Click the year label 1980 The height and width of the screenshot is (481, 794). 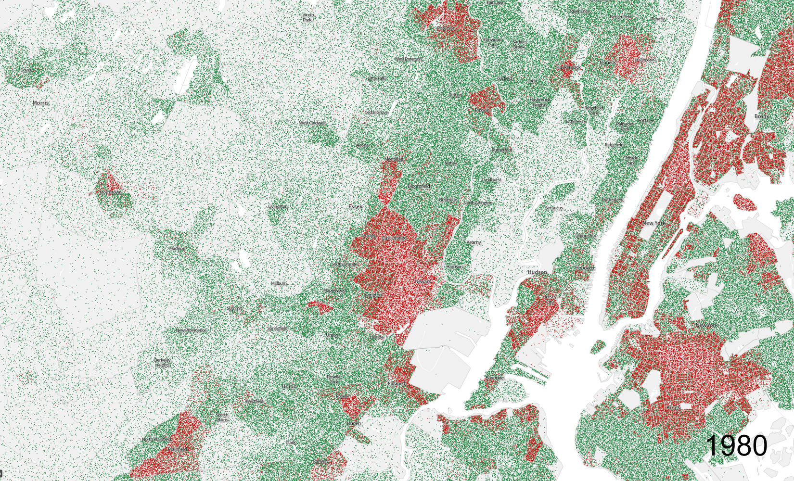coord(737,445)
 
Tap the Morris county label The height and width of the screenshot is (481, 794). coord(41,103)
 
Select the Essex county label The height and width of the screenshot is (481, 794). coord(355,207)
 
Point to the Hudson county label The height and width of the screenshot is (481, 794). coord(537,272)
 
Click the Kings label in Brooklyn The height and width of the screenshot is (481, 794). coord(673,408)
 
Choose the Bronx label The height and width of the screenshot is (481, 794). coord(762,116)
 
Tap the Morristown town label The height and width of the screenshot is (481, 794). coord(110,192)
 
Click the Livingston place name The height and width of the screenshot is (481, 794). coord(278,207)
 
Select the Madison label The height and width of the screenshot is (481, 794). coord(177,249)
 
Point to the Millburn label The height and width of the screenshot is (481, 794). coord(279,284)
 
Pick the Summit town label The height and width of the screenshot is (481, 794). coord(235,308)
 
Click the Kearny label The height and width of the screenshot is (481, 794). coord(474,242)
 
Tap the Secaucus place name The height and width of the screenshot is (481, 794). coord(554,208)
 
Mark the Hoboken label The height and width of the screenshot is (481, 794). coord(585,268)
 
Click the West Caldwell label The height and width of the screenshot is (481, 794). coord(312,123)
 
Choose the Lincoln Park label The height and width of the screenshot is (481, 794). coord(307,17)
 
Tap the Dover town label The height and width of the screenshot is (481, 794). coord(26,70)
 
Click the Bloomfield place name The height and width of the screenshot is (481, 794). coord(419,186)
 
